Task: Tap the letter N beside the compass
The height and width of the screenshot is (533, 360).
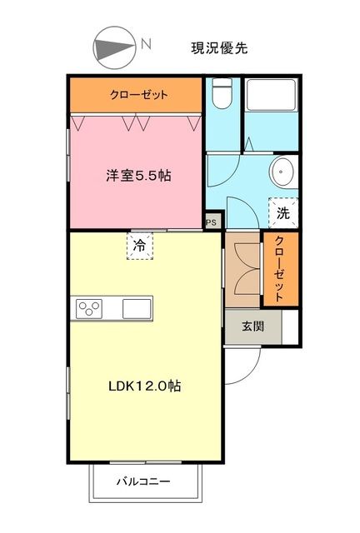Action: pos(145,43)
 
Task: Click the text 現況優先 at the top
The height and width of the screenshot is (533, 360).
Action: pos(219,48)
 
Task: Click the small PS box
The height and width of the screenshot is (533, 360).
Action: pos(212,222)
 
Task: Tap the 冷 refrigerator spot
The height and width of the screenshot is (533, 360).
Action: pos(140,246)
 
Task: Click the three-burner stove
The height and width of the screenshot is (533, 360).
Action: pos(88,308)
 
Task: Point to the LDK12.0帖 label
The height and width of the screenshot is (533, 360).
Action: pos(145,386)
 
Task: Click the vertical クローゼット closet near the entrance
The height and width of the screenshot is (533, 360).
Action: pos(279,268)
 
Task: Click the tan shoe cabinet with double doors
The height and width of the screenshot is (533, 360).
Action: pos(242,269)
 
